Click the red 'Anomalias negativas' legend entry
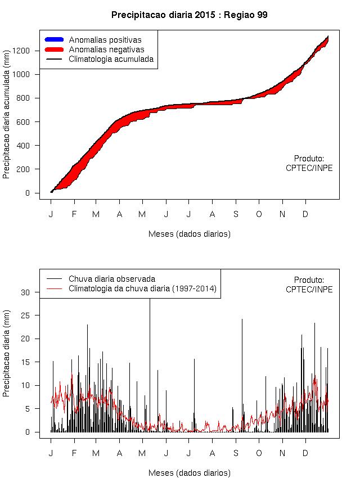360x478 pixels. click(x=106, y=49)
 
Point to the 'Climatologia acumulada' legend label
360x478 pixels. click(x=111, y=59)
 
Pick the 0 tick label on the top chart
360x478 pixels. click(x=35, y=193)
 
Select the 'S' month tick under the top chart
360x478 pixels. click(x=236, y=214)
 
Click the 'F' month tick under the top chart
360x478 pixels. click(x=74, y=214)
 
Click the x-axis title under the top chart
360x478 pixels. click(x=189, y=233)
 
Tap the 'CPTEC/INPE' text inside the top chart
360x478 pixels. click(x=309, y=168)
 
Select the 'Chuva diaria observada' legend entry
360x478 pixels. click(x=112, y=279)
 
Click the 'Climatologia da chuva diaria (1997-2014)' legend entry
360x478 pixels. click(x=142, y=289)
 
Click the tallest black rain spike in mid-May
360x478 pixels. click(x=150, y=337)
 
